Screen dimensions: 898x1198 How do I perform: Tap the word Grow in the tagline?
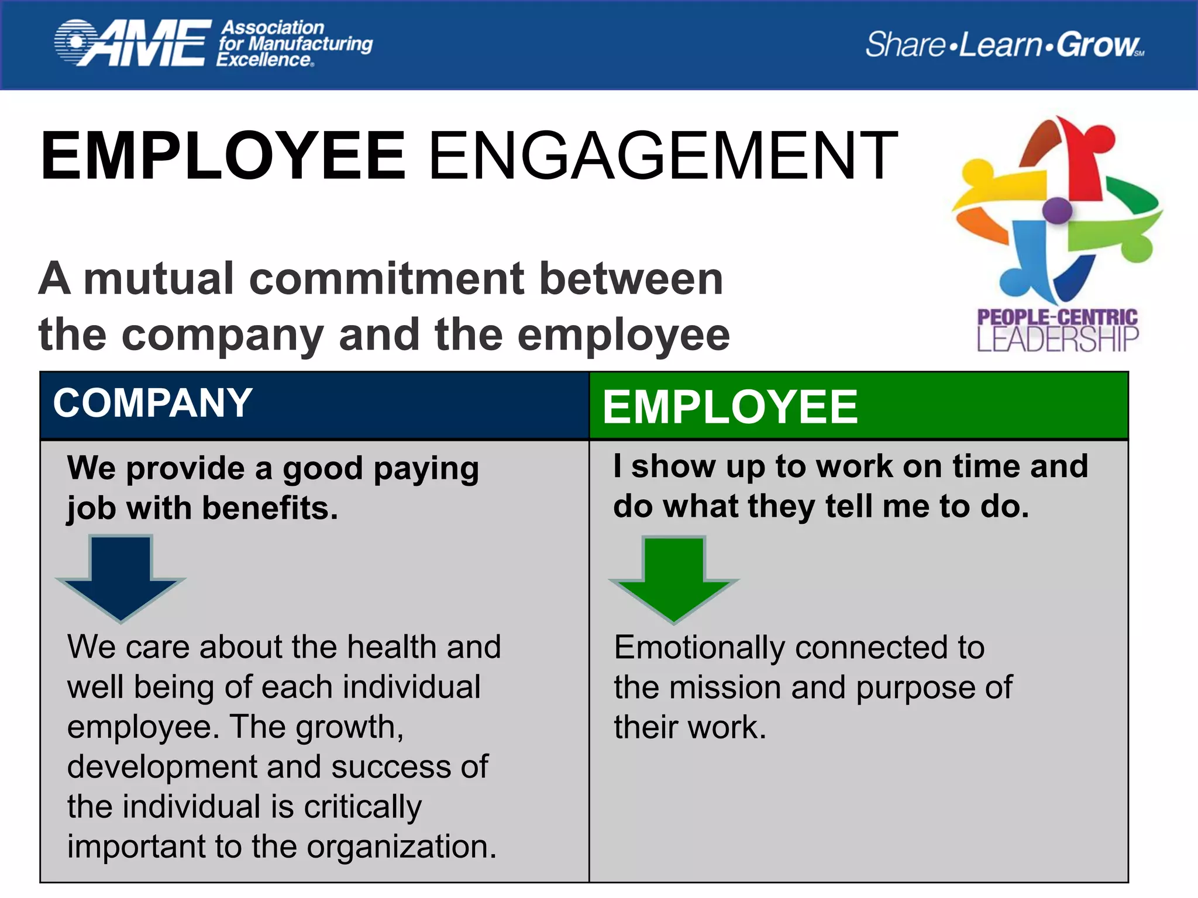(1098, 44)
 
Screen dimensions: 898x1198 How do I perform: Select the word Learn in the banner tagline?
(1000, 44)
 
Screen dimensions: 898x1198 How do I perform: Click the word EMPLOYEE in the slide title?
(223, 156)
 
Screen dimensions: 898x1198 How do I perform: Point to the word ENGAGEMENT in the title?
(663, 156)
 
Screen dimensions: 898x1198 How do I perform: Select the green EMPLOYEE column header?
(730, 407)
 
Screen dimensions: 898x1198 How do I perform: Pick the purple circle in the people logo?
(1057, 209)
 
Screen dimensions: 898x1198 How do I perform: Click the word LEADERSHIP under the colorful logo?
(1058, 339)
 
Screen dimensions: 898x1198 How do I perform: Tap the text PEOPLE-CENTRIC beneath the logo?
(1058, 317)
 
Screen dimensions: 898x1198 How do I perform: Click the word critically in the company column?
(363, 807)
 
